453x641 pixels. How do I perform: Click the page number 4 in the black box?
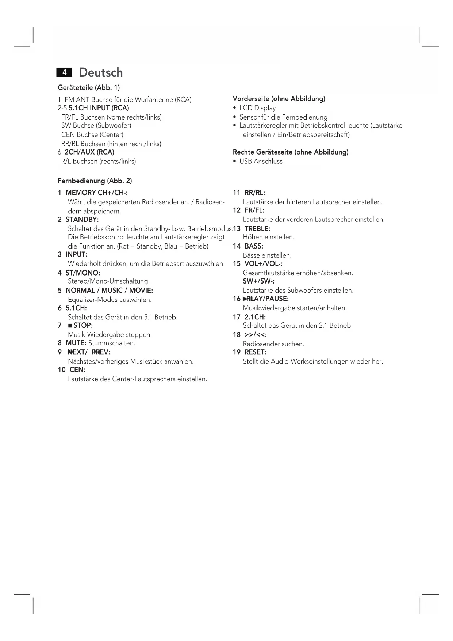(x=64, y=72)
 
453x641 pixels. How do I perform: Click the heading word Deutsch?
(x=101, y=72)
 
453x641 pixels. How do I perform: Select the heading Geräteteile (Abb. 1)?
(x=89, y=88)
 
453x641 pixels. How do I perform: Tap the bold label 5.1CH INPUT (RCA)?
(x=99, y=108)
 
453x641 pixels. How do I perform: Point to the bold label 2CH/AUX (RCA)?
(x=89, y=152)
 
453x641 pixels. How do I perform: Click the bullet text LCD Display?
(x=257, y=108)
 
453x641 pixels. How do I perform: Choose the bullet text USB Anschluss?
(x=261, y=162)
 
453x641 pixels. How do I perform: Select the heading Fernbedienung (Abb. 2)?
(x=95, y=181)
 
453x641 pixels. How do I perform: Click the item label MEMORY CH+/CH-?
(x=96, y=193)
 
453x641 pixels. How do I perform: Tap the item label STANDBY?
(x=82, y=220)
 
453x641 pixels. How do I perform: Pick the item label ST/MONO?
(x=82, y=273)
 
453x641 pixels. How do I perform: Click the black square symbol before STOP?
(x=70, y=326)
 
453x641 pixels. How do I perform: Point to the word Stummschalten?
(x=112, y=343)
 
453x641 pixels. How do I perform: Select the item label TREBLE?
(x=257, y=229)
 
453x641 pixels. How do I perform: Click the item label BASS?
(x=254, y=246)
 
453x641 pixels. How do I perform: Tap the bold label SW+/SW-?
(x=258, y=281)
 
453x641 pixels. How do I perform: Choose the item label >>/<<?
(x=255, y=335)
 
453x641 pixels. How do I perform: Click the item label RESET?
(x=255, y=352)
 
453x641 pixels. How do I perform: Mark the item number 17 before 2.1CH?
(x=237, y=317)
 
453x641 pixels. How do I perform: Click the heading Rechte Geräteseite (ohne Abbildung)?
(x=290, y=152)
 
